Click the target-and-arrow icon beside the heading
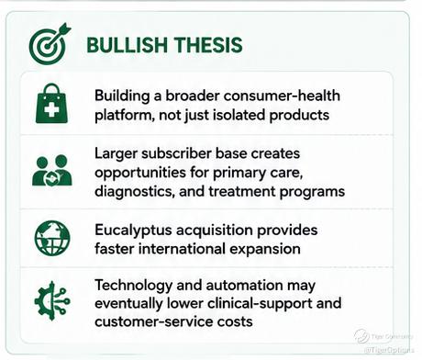(x=50, y=44)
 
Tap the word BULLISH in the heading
(x=128, y=45)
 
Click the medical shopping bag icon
(x=51, y=104)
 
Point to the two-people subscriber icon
(x=52, y=171)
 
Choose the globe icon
(x=52, y=238)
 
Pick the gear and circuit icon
(x=52, y=301)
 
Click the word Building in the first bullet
(x=122, y=96)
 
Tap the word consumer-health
(x=282, y=96)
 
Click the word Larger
(x=116, y=154)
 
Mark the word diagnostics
(x=135, y=192)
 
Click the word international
(x=182, y=249)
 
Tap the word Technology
(x=134, y=286)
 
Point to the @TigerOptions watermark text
(x=389, y=350)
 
